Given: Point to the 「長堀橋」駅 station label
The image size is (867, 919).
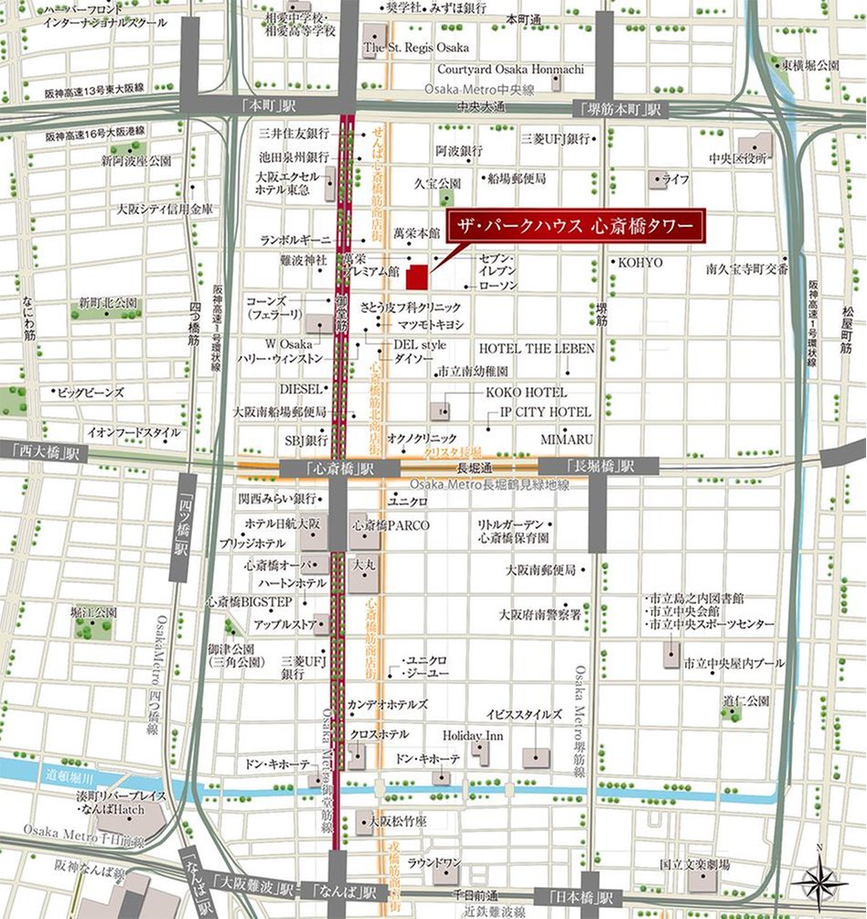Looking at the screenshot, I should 599,466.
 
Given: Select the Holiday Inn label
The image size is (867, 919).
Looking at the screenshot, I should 466,735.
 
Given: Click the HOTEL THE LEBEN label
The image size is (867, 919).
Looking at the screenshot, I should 537,349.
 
